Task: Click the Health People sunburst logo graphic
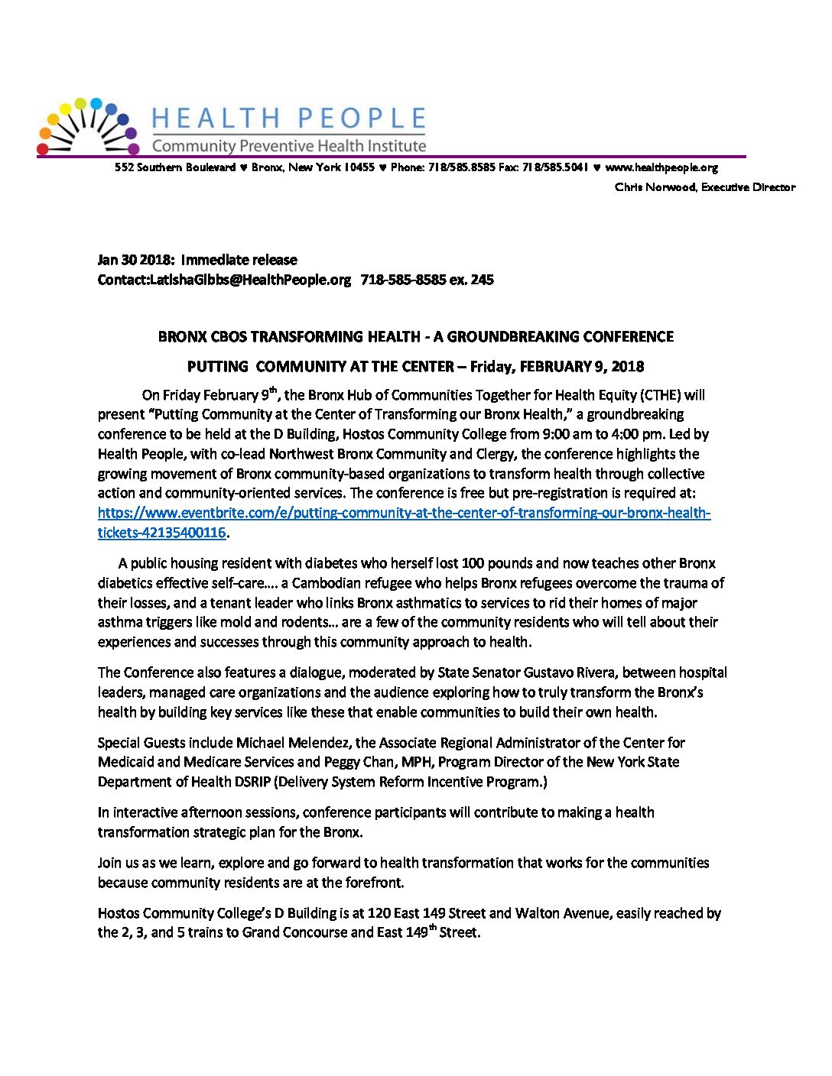tap(89, 126)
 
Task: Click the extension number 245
tap(482, 280)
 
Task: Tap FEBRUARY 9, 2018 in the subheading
tap(582, 366)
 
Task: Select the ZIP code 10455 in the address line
tap(359, 167)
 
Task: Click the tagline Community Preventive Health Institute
tap(289, 145)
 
